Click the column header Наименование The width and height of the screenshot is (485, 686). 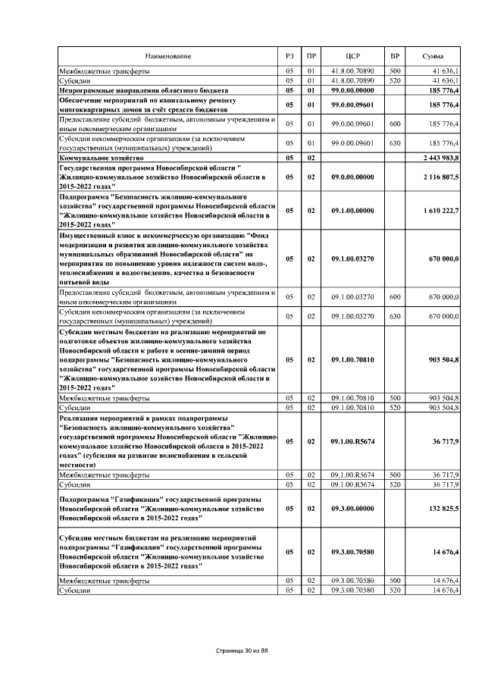click(x=168, y=57)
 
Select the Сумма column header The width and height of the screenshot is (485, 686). click(x=433, y=57)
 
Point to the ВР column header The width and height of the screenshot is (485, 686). click(x=394, y=57)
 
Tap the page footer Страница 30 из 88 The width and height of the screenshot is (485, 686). click(x=242, y=650)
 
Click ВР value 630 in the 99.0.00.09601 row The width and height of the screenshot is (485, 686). click(x=394, y=143)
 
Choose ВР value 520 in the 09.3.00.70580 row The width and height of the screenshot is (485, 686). click(x=394, y=590)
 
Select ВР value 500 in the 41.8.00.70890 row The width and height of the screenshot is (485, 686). click(x=394, y=70)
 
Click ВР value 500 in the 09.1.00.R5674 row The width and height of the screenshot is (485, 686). click(x=394, y=474)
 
